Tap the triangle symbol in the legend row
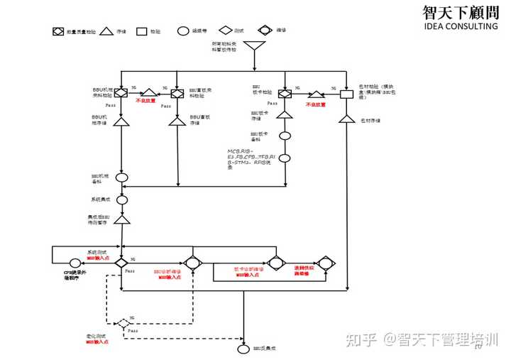106,31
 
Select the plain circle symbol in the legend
182,31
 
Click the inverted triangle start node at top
254,49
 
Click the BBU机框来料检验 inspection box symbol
121,93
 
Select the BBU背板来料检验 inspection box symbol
177,93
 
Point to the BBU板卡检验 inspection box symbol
285,94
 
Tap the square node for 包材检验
347,94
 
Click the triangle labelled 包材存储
347,120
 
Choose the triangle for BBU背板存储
177,121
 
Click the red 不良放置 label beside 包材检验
315,104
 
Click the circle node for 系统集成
122,200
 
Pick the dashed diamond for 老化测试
123,323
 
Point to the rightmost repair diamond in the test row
326,263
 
